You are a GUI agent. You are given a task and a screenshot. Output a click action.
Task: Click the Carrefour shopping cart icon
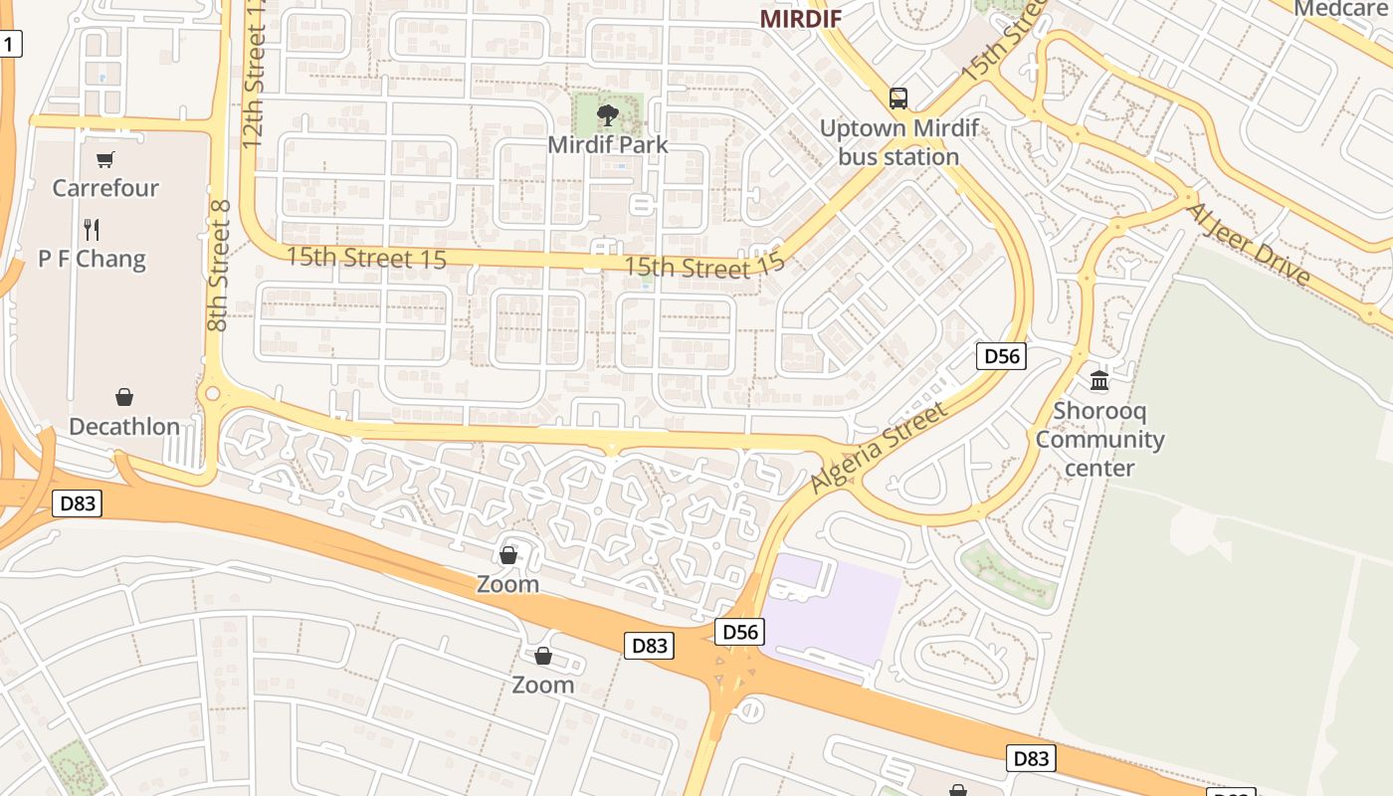click(x=105, y=159)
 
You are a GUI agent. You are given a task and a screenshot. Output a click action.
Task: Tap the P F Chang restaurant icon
click(x=92, y=230)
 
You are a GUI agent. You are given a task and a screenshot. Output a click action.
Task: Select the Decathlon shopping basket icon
click(x=124, y=397)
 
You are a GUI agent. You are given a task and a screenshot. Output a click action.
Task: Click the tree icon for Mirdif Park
click(x=607, y=115)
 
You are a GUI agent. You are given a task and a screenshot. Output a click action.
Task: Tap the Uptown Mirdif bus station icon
click(x=897, y=99)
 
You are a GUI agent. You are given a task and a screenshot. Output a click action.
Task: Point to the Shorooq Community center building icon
click(x=1099, y=380)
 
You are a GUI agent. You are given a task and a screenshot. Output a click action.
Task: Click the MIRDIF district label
click(x=801, y=18)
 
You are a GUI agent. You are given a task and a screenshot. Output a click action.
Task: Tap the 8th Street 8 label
click(x=219, y=266)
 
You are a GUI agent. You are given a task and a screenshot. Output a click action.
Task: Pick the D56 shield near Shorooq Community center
click(x=1000, y=356)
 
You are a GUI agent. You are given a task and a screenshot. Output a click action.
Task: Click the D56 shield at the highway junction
click(x=739, y=631)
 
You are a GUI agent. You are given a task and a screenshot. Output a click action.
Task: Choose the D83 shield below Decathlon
click(x=77, y=502)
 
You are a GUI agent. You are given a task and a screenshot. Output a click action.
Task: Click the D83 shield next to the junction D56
click(x=650, y=646)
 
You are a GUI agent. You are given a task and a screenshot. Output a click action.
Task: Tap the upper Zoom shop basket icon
click(x=508, y=555)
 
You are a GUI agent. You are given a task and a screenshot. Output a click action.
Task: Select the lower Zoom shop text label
click(x=542, y=685)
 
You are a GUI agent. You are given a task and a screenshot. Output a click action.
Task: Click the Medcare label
click(x=1338, y=9)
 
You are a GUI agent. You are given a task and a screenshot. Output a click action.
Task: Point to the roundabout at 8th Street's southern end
click(x=211, y=394)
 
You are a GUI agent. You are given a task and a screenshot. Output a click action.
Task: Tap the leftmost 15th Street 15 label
click(x=366, y=258)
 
